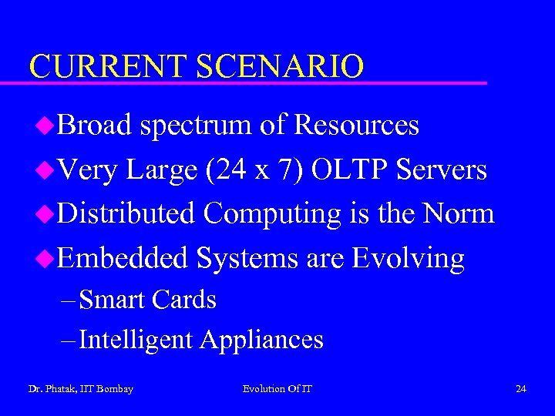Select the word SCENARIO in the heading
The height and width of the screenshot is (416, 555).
click(278, 66)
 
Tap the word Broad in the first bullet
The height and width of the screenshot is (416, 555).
click(94, 125)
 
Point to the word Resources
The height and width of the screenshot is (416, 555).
click(357, 125)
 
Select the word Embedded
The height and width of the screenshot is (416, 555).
click(123, 258)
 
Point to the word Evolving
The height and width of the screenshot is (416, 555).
click(408, 258)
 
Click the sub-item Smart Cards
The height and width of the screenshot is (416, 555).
click(147, 299)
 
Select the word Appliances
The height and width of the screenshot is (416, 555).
click(262, 340)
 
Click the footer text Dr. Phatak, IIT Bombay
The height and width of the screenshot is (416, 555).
click(81, 389)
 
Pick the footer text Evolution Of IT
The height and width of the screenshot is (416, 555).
click(277, 389)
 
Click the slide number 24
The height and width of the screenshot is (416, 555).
click(521, 389)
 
